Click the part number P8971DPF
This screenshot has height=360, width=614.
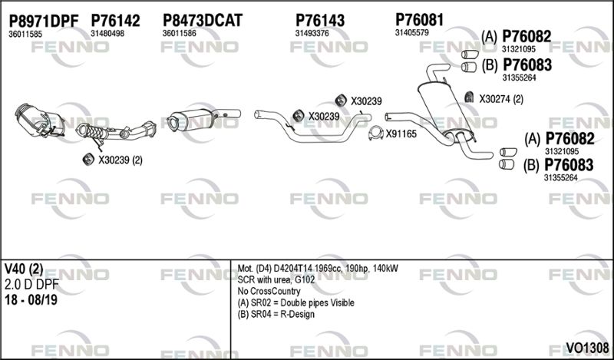44,21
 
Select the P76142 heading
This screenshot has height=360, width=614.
115,21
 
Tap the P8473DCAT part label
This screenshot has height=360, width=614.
203,21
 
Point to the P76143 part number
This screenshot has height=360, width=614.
320,21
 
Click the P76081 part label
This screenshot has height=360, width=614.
419,20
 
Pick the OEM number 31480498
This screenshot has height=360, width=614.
107,34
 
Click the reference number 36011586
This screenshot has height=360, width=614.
180,34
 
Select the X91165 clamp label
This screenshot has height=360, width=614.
401,134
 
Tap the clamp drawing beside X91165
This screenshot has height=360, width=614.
376,134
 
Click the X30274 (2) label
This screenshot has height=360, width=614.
501,99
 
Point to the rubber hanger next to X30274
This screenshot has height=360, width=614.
469,97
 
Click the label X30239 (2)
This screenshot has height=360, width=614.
120,160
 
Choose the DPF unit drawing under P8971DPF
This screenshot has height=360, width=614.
40,121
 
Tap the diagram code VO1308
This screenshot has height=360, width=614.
587,348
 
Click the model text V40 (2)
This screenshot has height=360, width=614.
24,269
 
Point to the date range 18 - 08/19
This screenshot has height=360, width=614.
31,299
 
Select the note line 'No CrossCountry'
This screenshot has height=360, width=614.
269,291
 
